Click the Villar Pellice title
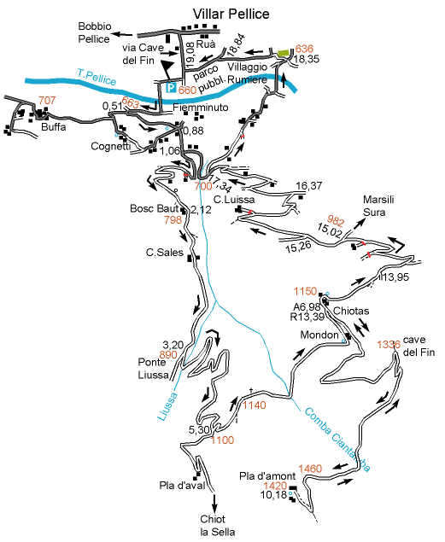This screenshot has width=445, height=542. click(231, 15)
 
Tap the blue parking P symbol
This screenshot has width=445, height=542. click(171, 88)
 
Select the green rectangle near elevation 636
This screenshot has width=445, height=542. click(284, 53)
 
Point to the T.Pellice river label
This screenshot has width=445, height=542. click(97, 77)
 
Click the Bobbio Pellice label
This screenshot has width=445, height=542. click(95, 32)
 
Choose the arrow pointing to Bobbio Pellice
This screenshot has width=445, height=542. click(123, 34)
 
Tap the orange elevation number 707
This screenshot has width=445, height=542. click(47, 100)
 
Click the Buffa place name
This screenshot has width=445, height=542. click(53, 127)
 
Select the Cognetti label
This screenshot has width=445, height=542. click(111, 146)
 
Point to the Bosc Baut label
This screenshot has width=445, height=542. click(155, 208)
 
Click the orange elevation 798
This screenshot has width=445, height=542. click(173, 220)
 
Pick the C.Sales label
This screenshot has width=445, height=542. click(165, 253)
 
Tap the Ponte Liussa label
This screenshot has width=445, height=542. click(153, 369)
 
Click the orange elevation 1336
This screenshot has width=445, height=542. click(389, 345)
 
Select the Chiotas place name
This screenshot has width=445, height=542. click(351, 311)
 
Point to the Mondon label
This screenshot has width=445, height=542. click(319, 335)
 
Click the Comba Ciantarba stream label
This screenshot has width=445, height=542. click(337, 440)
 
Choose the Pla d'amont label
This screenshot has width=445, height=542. click(267, 476)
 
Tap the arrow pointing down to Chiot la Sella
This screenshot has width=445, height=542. click(214, 504)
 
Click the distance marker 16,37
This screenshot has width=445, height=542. click(309, 186)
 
